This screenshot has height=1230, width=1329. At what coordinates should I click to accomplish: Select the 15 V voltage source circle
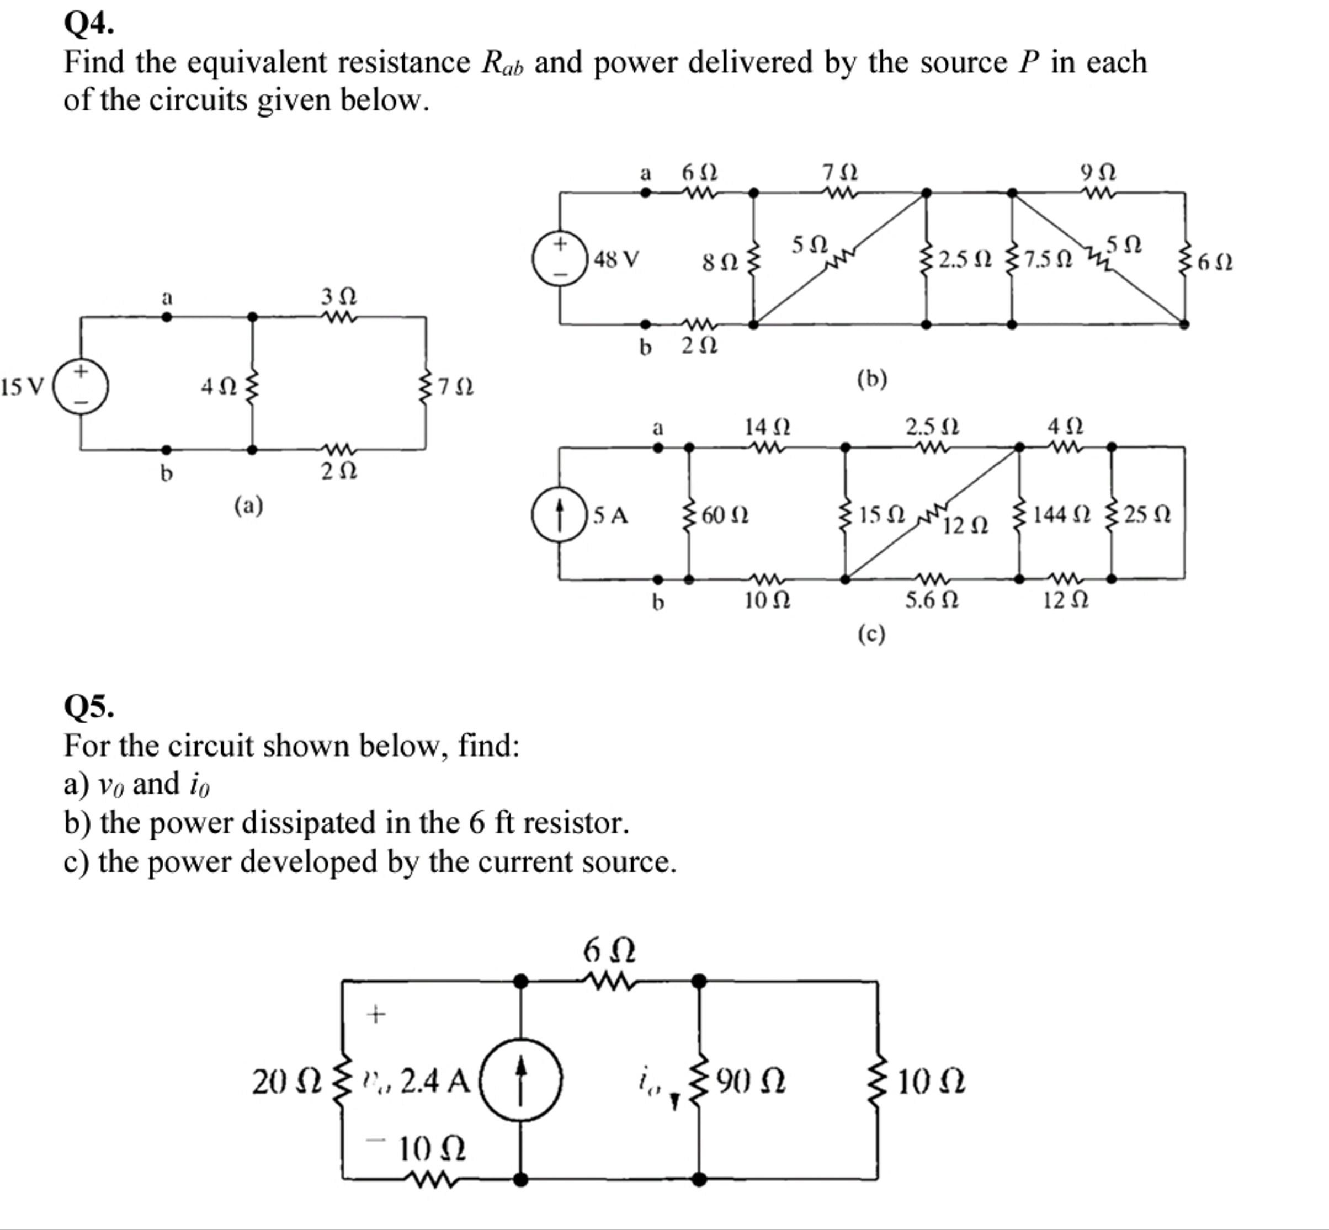pos(81,387)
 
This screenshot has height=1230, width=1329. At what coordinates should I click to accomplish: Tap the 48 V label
pos(616,258)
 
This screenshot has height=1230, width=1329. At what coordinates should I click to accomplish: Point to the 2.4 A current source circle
pos(520,1079)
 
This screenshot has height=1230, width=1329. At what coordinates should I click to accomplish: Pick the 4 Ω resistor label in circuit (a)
pos(219,386)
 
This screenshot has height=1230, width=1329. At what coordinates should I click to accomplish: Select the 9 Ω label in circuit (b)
pos(1098,172)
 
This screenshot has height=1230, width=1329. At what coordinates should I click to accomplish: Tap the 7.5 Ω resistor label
pos(1049,258)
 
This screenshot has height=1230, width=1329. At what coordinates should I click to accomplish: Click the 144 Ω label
pos(1062,514)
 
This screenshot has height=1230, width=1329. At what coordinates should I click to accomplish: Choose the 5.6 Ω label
pos(932,600)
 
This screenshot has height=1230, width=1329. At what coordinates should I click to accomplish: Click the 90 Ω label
pos(751,1082)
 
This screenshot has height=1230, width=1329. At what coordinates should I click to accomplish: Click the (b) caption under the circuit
pos(871,379)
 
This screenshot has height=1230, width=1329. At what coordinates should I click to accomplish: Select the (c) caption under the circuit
pos(871,634)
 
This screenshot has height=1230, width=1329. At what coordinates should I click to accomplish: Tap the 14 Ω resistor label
pos(767,425)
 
